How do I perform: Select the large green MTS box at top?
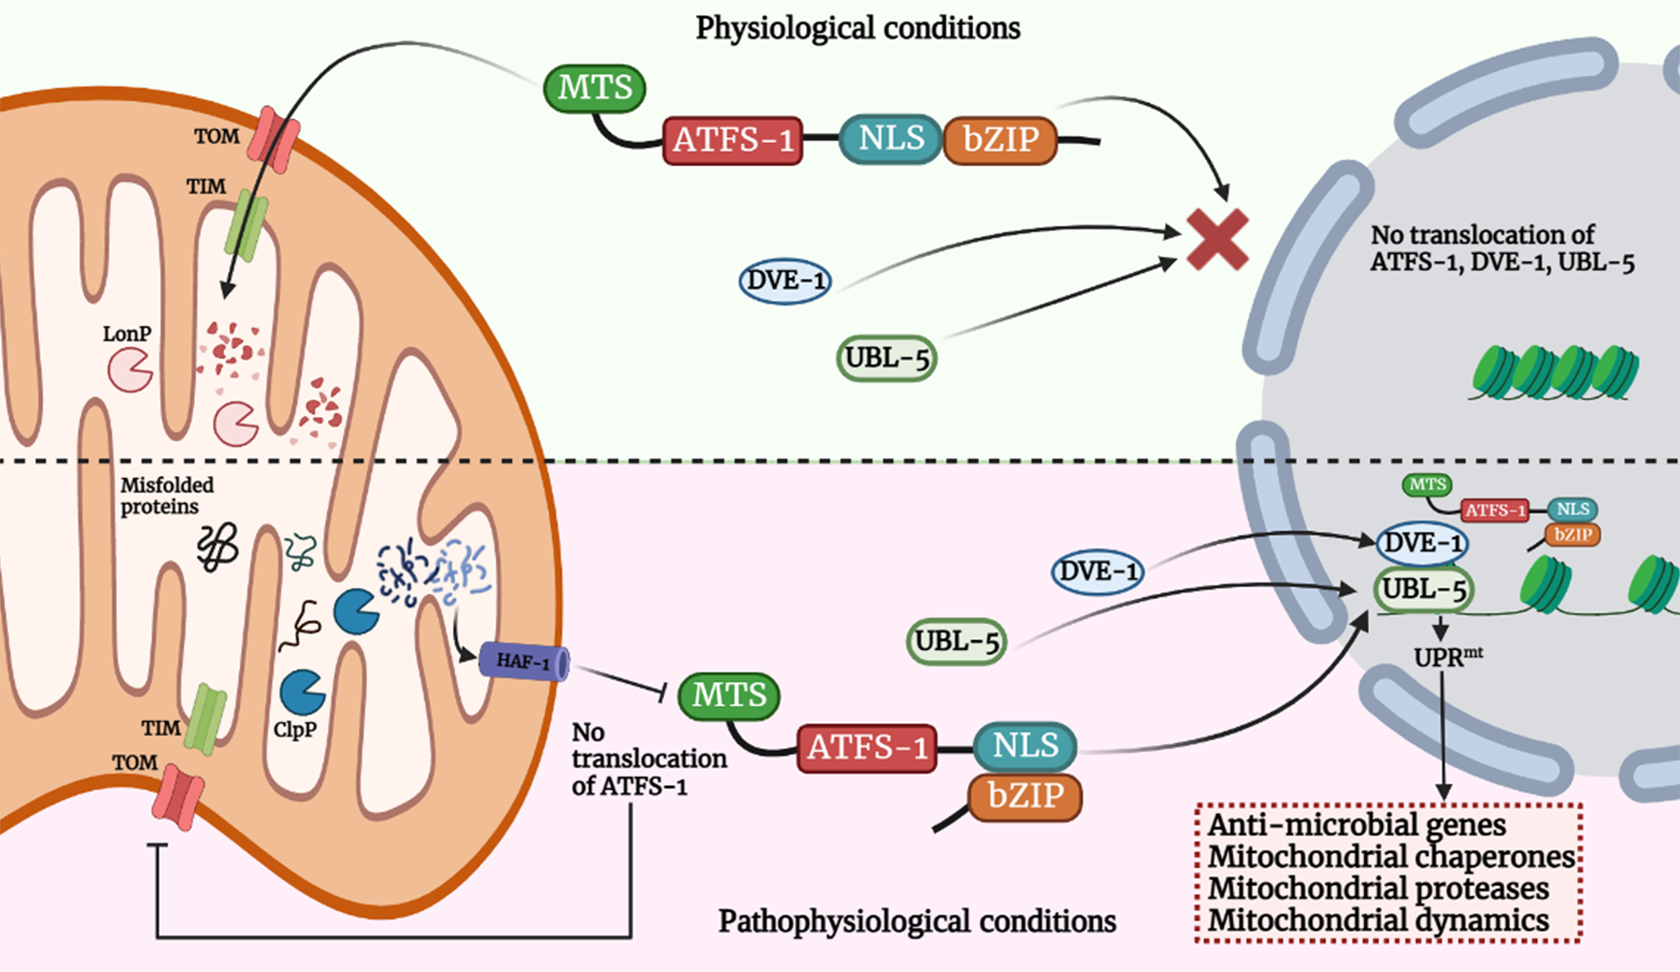595,88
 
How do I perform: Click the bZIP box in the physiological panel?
1000,140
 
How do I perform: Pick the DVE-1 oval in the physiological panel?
785,281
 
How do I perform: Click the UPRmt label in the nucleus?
1447,657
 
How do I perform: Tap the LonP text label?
127,333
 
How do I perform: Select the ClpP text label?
295,729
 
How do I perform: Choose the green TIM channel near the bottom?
205,720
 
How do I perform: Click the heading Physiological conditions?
857,28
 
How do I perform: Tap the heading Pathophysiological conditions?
917,921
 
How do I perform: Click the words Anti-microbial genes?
1357,825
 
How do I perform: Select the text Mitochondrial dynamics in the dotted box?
1378,920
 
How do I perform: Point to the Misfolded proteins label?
167,495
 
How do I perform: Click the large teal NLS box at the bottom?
1025,745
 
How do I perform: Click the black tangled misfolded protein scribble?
217,547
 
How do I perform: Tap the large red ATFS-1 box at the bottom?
867,748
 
